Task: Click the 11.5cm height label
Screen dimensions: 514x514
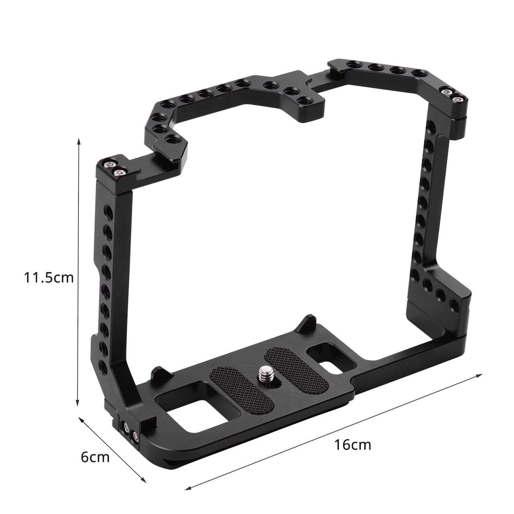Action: (x=49, y=278)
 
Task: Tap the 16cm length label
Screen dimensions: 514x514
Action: (x=353, y=445)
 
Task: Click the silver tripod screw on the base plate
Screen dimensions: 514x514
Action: (x=265, y=371)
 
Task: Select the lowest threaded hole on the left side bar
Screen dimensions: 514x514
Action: (x=102, y=364)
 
